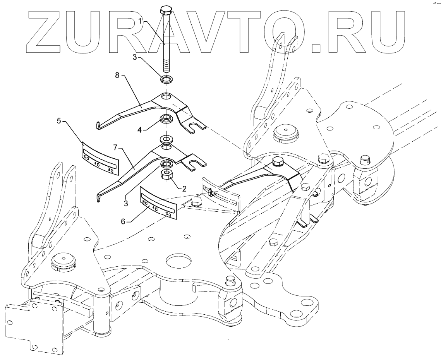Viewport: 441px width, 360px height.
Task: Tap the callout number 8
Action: pyautogui.click(x=117, y=76)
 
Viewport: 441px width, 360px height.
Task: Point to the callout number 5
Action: pyautogui.click(x=59, y=121)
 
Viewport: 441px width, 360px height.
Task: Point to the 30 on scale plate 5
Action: pyautogui.click(x=110, y=170)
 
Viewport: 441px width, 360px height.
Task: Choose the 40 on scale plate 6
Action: pyautogui.click(x=155, y=208)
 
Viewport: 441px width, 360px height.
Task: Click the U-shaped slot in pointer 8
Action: pyautogui.click(x=196, y=126)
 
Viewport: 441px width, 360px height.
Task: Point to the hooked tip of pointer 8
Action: pyautogui.click(x=98, y=125)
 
